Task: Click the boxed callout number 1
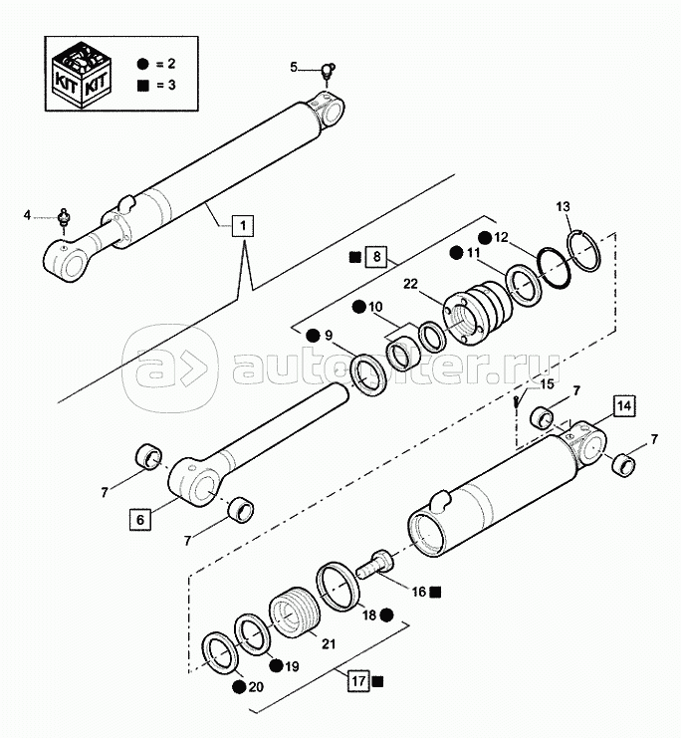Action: (240, 226)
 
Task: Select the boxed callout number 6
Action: (139, 518)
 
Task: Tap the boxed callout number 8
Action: (374, 257)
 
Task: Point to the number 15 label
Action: (547, 385)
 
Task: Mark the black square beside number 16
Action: (436, 592)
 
